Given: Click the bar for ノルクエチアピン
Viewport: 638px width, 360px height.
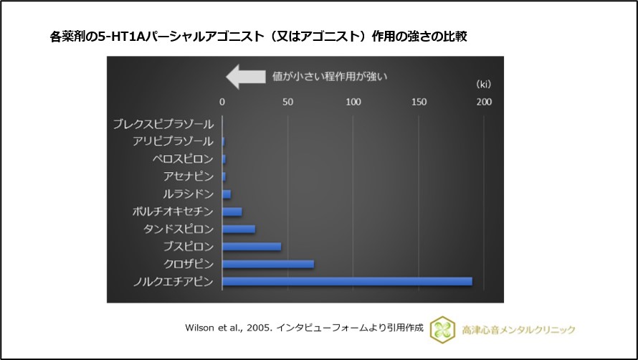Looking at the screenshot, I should click(347, 281).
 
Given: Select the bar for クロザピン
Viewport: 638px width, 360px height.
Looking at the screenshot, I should click(268, 264).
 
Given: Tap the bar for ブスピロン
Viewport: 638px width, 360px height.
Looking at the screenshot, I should click(252, 247).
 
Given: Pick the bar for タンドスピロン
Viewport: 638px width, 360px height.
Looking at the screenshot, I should click(239, 229).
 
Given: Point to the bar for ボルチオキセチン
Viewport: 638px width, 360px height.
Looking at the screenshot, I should click(232, 212).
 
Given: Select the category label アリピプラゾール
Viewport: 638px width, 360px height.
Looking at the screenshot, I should click(173, 141).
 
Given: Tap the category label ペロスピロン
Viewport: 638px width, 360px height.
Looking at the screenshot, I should click(183, 158).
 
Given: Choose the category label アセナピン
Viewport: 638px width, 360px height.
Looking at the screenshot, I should click(189, 176).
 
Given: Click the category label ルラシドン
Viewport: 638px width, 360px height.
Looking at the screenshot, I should click(188, 194).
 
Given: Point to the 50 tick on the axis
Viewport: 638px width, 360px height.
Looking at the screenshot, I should click(287, 102).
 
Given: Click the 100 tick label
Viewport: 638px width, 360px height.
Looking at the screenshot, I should click(353, 102).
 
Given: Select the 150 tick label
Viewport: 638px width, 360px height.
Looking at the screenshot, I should click(419, 102).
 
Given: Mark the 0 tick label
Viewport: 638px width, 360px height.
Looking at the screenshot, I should click(222, 102).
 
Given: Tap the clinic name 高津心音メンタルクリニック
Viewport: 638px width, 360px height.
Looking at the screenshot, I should click(520, 329).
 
